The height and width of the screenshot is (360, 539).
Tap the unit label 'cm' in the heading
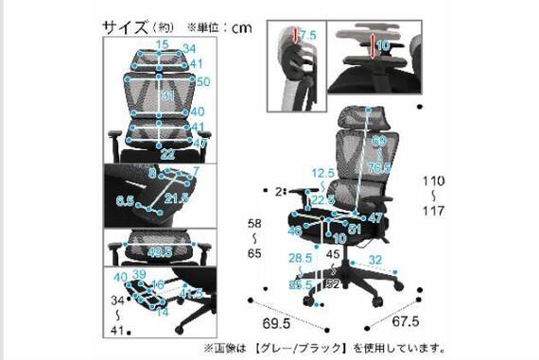(242, 28)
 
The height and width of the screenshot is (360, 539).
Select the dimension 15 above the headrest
(164, 44)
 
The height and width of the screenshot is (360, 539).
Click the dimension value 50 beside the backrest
(201, 81)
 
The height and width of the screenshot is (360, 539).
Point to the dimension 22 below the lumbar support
(166, 154)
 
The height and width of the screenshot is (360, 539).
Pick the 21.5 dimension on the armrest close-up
(174, 198)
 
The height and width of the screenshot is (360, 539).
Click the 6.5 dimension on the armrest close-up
(126, 201)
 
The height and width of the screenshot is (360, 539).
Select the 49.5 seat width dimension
(159, 252)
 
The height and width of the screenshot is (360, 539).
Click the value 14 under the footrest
(164, 311)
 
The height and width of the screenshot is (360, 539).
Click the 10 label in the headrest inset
(383, 45)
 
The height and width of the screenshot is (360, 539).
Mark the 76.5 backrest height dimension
(380, 168)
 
